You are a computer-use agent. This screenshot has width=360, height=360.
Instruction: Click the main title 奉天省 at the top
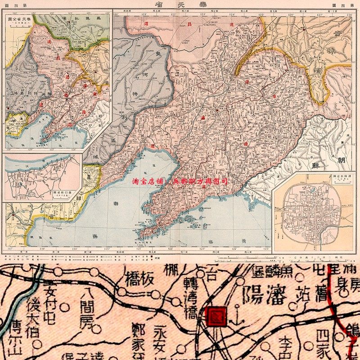coord(180,4)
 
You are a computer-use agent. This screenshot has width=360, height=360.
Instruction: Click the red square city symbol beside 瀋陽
coord(214,316)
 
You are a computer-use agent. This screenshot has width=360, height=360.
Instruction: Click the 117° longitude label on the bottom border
coord(9,249)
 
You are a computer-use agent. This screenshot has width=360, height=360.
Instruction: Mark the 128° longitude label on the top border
coord(349,14)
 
